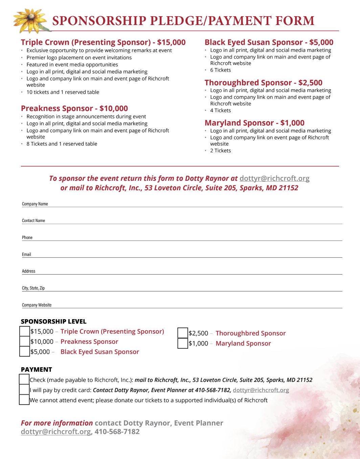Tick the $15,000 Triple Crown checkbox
point(25,331)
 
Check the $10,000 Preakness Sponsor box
point(25,341)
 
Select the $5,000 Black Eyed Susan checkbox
point(25,351)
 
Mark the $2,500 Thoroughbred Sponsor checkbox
point(183,333)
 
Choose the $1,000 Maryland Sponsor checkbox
point(183,343)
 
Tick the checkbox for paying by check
point(24,379)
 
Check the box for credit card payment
point(24,390)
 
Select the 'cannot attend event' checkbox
point(24,400)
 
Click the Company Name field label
point(35,204)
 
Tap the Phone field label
point(27,238)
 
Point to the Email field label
point(26,255)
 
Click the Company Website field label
point(37,305)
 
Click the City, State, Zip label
point(33,288)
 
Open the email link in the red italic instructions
point(274,178)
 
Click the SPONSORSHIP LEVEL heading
point(53,321)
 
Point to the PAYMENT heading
point(36,370)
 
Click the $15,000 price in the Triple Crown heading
point(171,42)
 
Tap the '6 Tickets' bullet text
point(220,70)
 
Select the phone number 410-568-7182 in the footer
point(117,432)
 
